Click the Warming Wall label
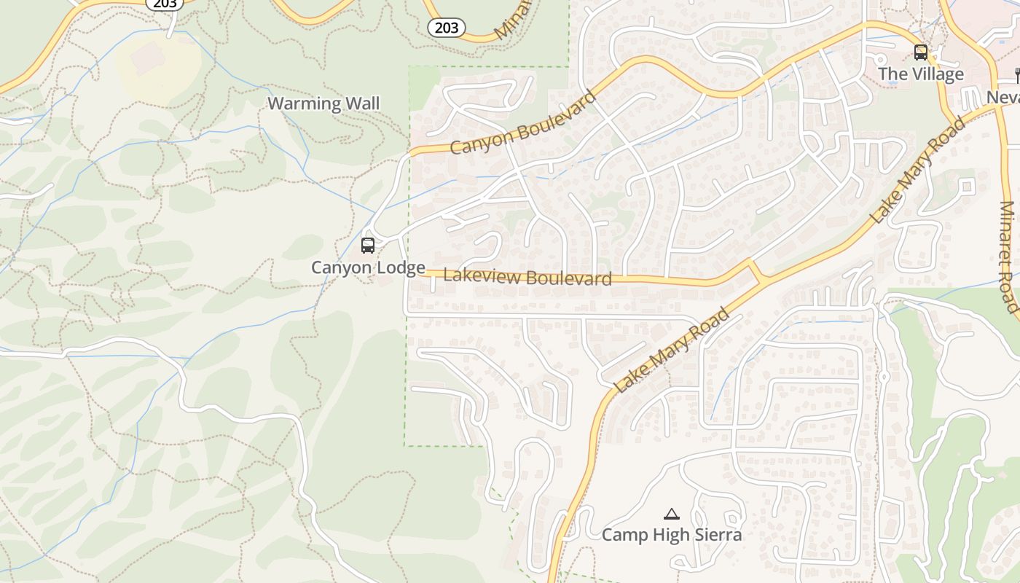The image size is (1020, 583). (x=323, y=103)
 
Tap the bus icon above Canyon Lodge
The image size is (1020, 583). (x=368, y=246)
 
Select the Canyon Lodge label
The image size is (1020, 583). (x=368, y=267)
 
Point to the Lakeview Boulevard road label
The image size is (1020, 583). (x=527, y=278)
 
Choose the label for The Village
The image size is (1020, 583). (x=920, y=74)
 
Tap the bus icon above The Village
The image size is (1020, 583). (x=921, y=52)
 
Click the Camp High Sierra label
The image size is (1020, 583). (x=671, y=535)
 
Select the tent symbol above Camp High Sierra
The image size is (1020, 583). (x=671, y=514)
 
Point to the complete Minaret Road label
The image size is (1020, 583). (x=1008, y=257)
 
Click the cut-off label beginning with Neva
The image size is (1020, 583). (x=1003, y=97)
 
